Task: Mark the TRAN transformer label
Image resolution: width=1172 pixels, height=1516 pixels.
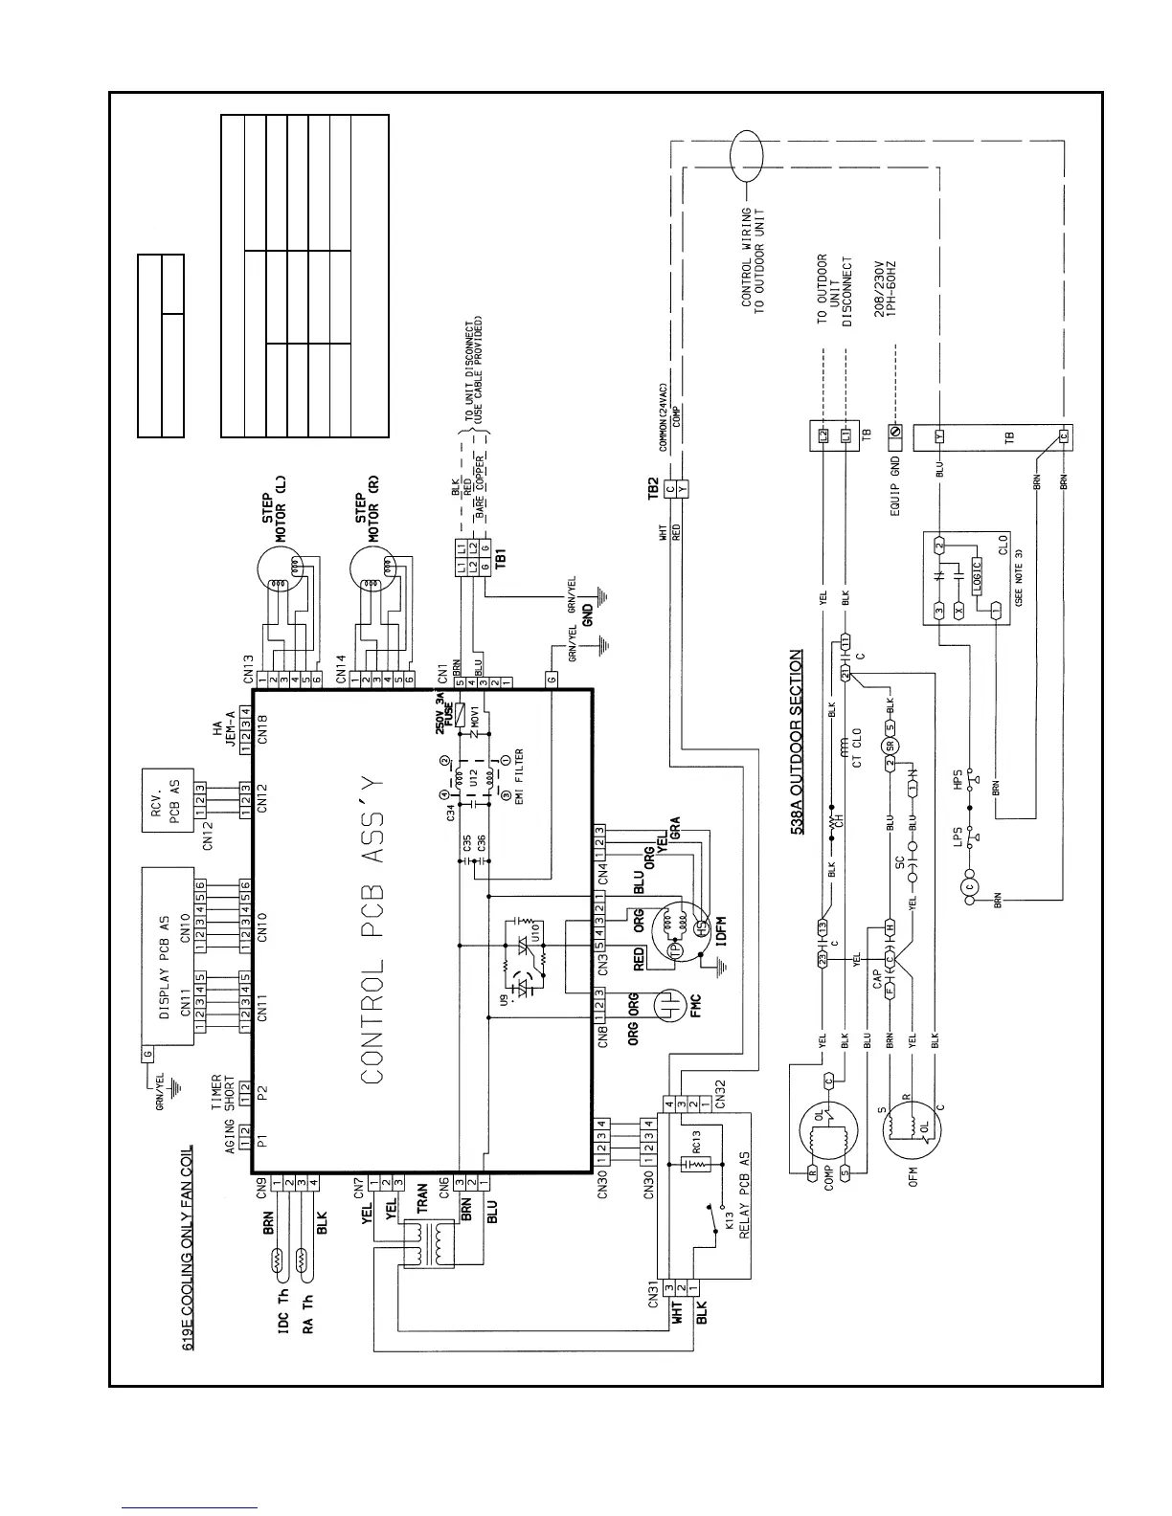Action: [x=422, y=1201]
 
